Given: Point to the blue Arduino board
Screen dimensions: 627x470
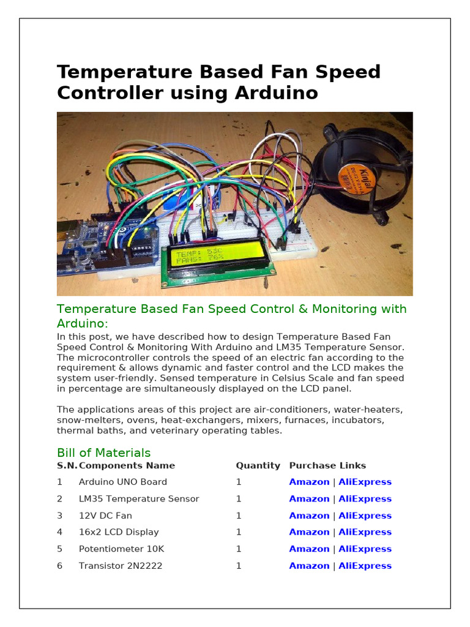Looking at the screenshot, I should [x=104, y=245].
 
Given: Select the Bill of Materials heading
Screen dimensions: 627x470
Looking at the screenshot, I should [x=103, y=452].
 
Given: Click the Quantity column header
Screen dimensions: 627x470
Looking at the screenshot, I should [x=258, y=465].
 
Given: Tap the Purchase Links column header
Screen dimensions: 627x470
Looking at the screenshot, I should [x=327, y=465].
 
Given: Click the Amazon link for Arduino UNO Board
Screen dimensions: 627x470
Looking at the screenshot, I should [x=309, y=482].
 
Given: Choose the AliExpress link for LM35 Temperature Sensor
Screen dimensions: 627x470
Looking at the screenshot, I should [x=365, y=499].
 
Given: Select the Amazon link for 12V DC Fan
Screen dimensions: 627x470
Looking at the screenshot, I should [x=309, y=516].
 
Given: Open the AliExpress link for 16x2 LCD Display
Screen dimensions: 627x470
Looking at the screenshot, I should [x=365, y=532].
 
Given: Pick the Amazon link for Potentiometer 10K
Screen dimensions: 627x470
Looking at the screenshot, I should [x=309, y=549].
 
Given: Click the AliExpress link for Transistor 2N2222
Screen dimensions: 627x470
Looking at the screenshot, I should [x=365, y=566].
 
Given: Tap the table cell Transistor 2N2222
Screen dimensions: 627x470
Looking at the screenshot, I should [x=121, y=566].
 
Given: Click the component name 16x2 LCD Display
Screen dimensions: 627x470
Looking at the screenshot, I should [x=119, y=532].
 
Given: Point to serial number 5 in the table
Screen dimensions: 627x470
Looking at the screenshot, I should [x=60, y=549].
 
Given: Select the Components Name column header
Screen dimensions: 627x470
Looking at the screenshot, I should [x=127, y=465].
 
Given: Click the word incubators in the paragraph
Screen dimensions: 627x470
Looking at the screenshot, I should [x=358, y=420].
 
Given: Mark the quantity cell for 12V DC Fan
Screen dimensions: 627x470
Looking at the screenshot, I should [x=239, y=516].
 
